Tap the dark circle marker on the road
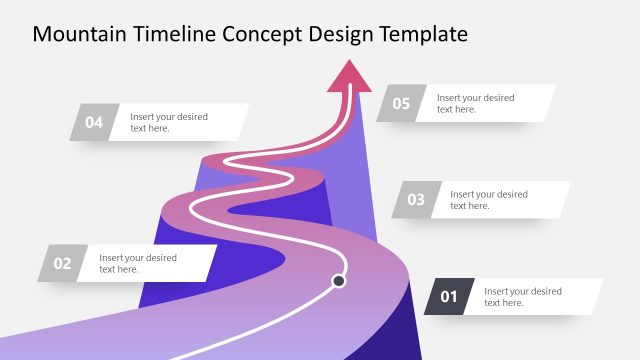tap(339, 281)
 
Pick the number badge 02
tap(62, 263)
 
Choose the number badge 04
tap(94, 122)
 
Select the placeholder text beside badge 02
tap(138, 263)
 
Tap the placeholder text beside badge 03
tap(489, 199)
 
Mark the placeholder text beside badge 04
tap(169, 122)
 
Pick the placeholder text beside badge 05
tap(476, 103)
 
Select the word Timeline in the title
tap(173, 35)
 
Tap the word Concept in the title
tap(262, 35)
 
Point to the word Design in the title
tap(345, 35)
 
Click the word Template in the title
tap(428, 35)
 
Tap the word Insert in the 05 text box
tap(449, 98)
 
